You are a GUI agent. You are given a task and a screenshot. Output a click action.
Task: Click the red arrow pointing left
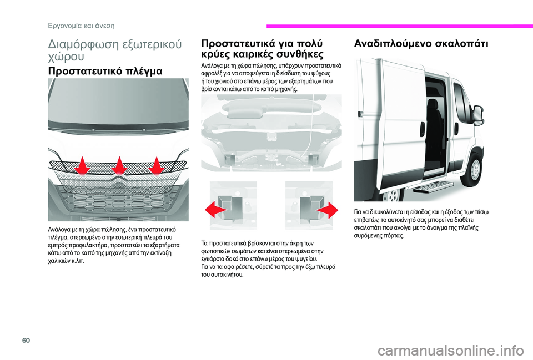(214, 209)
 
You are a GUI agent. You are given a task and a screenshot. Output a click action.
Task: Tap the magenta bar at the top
(399, 26)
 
